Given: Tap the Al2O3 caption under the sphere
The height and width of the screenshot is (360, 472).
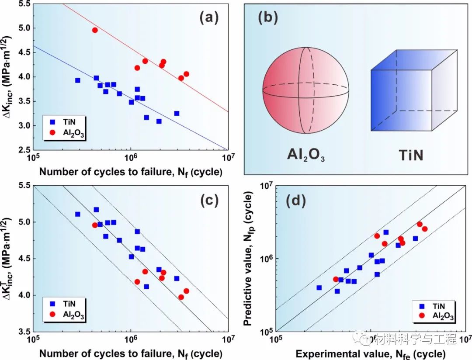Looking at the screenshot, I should click(305, 155).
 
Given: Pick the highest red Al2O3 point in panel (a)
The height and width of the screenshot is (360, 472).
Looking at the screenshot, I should click(95, 30).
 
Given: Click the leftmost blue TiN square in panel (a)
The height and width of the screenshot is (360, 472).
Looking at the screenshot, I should click(78, 80).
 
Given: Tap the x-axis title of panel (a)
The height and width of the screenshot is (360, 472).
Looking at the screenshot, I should click(130, 172).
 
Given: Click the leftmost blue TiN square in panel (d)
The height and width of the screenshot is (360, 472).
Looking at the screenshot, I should click(319, 287).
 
